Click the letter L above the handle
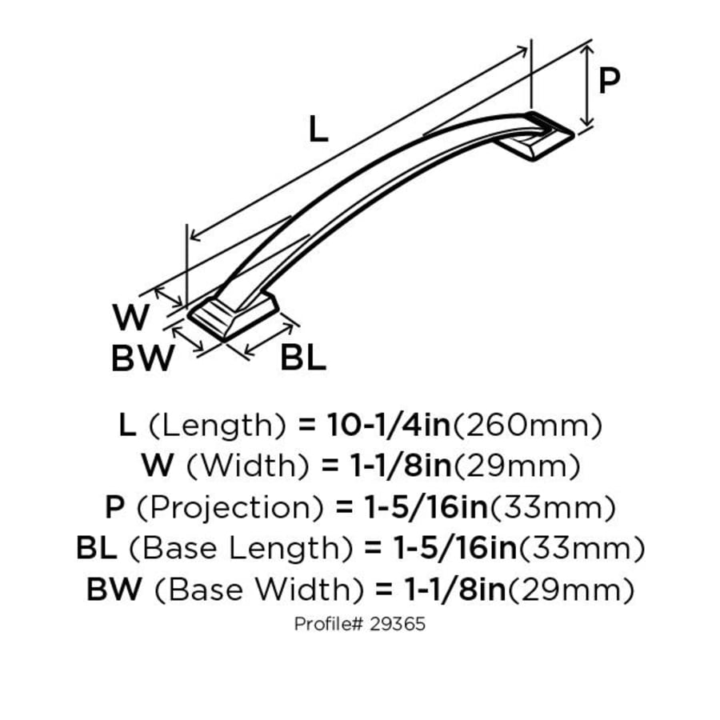[x=318, y=130]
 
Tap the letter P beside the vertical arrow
[x=610, y=81]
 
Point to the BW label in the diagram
[x=142, y=359]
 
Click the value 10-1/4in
[x=389, y=426]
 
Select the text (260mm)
[x=527, y=426]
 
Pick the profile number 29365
[x=398, y=624]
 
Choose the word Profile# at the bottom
[x=329, y=624]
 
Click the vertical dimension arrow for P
[x=588, y=85]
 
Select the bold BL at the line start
[x=98, y=550]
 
